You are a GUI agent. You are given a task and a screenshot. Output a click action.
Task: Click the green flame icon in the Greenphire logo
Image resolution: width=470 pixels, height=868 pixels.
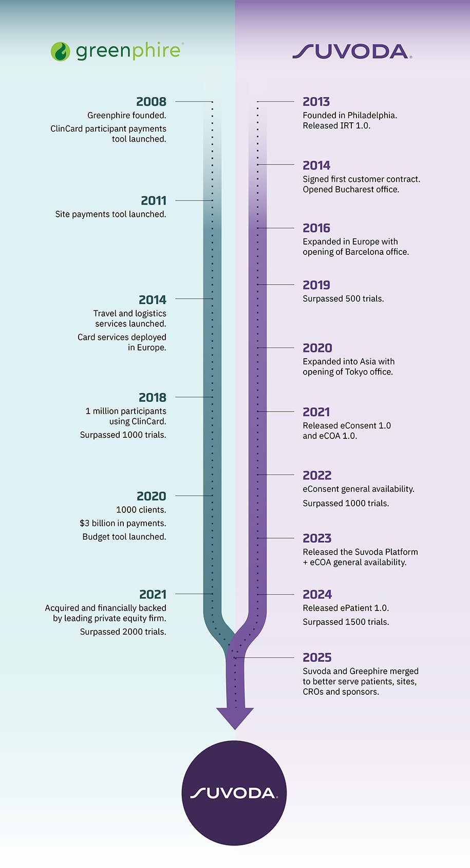coord(60,51)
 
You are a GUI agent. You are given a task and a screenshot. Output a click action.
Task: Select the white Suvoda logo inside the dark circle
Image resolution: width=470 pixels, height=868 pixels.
coord(234,793)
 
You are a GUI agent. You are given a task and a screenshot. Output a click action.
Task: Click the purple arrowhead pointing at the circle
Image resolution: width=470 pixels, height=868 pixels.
coord(235,717)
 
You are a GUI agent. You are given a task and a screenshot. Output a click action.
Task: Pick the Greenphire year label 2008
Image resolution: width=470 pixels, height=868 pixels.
coord(151,102)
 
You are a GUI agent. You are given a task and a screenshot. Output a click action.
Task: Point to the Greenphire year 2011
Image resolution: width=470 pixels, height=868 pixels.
coord(154,200)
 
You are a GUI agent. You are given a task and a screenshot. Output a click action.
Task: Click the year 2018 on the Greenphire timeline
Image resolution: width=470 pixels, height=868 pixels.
coord(153,397)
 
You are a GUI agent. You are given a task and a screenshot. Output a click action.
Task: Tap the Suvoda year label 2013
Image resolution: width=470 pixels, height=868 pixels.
coord(316,102)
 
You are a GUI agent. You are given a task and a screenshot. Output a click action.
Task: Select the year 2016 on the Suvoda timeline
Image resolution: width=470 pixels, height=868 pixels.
coord(316,228)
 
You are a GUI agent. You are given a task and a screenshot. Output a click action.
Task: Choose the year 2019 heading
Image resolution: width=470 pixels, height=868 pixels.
coord(316,285)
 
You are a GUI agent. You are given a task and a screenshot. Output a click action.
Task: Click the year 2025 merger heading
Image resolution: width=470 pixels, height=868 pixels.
coord(317,657)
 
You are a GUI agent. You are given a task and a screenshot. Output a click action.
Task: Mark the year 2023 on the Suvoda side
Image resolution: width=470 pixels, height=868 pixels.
coord(317,538)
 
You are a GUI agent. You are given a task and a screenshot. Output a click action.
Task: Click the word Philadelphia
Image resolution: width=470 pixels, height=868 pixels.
coord(372,116)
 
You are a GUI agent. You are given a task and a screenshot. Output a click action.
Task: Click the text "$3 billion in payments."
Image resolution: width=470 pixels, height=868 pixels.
coord(123,523)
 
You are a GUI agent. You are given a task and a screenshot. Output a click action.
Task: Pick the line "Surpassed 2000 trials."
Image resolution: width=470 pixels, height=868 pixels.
coord(123,632)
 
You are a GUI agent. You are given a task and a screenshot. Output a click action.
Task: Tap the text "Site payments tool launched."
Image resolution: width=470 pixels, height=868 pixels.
coord(110,214)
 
